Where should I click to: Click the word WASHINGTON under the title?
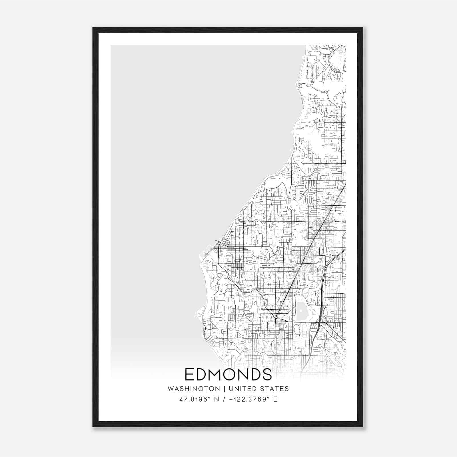194,389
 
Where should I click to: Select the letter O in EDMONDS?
234,374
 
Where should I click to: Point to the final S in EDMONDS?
267,374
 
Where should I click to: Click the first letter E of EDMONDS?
189,374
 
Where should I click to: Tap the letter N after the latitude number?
217,399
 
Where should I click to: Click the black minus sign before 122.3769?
231,399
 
